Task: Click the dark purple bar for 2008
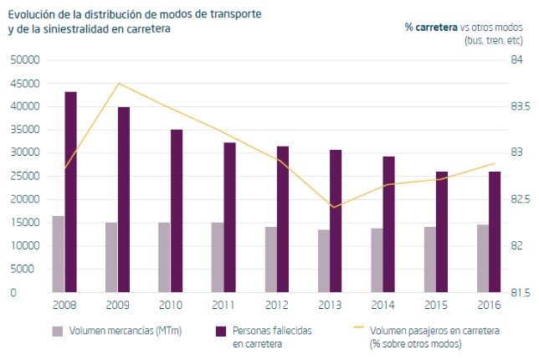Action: point(70,192)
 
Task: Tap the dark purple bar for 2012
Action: point(283,219)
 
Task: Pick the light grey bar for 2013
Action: point(323,260)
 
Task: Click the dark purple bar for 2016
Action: point(495,232)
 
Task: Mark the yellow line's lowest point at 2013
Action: point(333,208)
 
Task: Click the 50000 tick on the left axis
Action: point(25,60)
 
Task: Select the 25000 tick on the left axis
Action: point(25,177)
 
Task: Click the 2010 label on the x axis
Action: point(172,306)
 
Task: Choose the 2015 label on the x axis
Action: point(435,306)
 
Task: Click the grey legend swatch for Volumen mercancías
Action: point(58,331)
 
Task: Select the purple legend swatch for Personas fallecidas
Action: point(222,331)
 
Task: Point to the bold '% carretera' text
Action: point(431,27)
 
